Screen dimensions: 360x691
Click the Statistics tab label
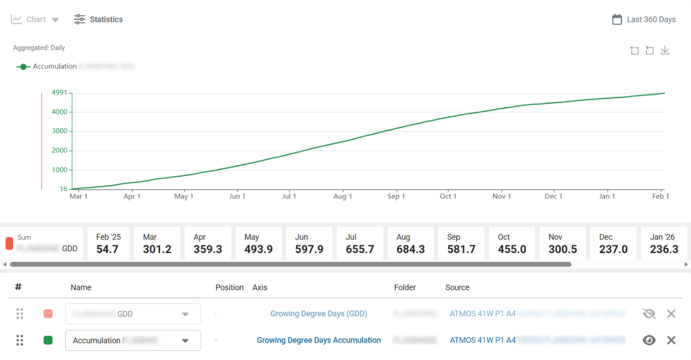click(106, 19)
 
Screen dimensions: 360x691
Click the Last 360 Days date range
click(650, 19)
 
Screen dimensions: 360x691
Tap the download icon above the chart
click(665, 50)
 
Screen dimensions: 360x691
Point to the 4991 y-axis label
click(60, 92)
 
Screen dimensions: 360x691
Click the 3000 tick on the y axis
click(60, 131)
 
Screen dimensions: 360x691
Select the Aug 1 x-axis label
click(343, 196)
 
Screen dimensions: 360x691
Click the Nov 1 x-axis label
click(502, 196)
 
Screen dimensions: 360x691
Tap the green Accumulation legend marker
click(23, 67)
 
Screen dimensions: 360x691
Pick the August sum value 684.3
click(411, 249)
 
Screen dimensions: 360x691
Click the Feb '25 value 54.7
click(107, 249)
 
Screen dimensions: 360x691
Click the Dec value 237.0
click(613, 249)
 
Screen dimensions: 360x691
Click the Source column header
click(457, 287)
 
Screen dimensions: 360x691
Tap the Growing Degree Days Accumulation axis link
click(319, 340)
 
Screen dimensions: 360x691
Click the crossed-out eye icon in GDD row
click(649, 314)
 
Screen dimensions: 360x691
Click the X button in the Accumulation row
click(671, 340)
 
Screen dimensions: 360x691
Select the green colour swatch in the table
click(48, 340)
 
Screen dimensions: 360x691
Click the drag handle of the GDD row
click(20, 314)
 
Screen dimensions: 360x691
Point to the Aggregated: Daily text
click(39, 48)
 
